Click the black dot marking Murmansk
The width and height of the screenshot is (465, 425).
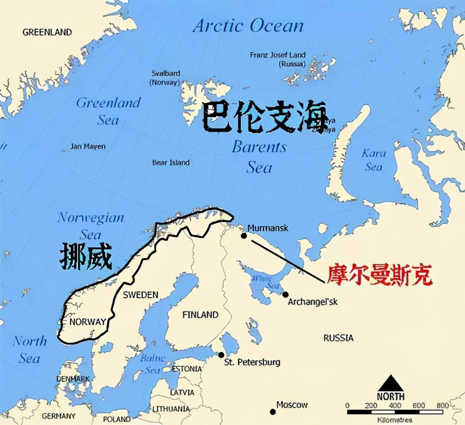[244, 236]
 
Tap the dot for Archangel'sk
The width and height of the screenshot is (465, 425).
[286, 294]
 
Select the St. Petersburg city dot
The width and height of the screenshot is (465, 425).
[221, 355]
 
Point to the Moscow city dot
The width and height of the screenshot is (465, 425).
[272, 411]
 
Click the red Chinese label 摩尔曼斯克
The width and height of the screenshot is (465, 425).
[380, 275]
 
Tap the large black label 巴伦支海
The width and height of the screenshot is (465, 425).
[265, 118]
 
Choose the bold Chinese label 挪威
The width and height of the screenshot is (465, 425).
[86, 257]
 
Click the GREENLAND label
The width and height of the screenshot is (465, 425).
[47, 32]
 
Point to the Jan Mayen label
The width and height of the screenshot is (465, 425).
[88, 146]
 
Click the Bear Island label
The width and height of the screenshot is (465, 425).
[171, 162]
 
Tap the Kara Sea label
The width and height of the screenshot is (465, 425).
[374, 159]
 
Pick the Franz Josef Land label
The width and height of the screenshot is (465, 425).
[278, 54]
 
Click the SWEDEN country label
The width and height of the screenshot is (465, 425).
[140, 295]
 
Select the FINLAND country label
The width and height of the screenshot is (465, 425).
[200, 315]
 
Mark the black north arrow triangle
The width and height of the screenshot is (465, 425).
[391, 384]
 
